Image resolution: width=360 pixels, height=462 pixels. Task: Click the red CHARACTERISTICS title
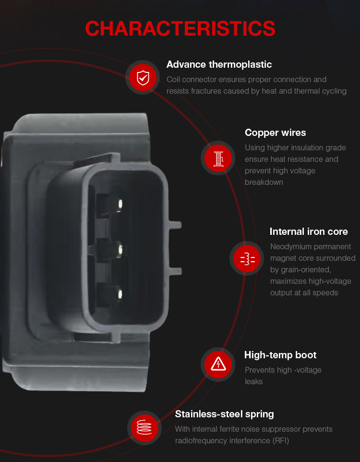180,29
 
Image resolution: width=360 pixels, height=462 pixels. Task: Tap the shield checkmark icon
143,77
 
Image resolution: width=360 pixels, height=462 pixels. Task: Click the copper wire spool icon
218,158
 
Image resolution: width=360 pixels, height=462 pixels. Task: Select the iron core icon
248,258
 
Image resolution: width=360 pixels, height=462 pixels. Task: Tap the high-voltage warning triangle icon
218,365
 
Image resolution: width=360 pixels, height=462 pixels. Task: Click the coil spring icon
144,428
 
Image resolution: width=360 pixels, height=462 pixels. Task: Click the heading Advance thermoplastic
219,64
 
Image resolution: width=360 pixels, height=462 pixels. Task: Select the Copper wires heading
276,133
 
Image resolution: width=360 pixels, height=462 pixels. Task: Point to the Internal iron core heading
309,231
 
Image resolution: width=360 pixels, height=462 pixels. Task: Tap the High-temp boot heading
280,355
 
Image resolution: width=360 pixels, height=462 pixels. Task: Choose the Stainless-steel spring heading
225,414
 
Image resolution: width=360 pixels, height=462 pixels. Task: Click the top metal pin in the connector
120,205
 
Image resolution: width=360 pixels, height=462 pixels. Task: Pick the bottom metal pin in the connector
120,294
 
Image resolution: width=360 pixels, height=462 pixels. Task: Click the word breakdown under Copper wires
264,182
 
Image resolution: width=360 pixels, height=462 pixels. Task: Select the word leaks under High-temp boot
253,382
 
